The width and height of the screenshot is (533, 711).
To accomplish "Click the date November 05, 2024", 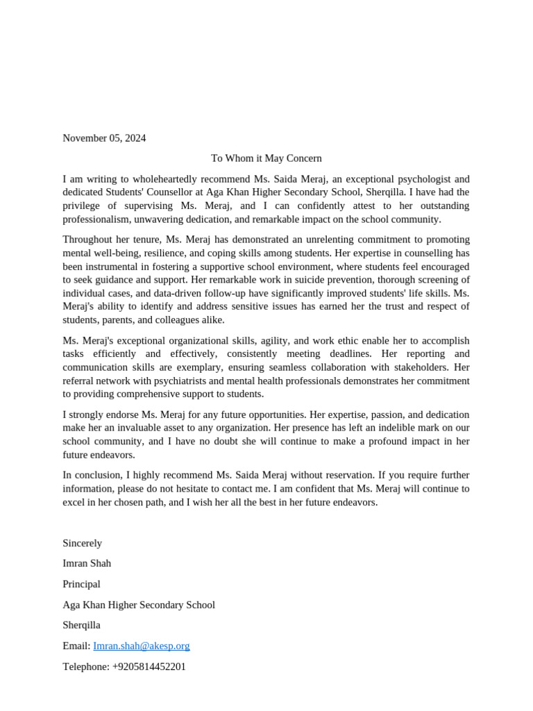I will [x=104, y=138].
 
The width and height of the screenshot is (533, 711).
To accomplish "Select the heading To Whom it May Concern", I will [x=266, y=158].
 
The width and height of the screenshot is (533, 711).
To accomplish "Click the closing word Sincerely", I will [x=82, y=544].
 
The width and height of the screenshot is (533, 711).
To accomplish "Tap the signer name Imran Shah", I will [x=87, y=564].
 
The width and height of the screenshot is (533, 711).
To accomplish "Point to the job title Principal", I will [x=81, y=585].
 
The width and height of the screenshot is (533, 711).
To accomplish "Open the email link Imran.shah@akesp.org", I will [x=142, y=646].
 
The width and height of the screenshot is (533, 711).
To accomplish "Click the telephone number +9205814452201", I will [x=149, y=667].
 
